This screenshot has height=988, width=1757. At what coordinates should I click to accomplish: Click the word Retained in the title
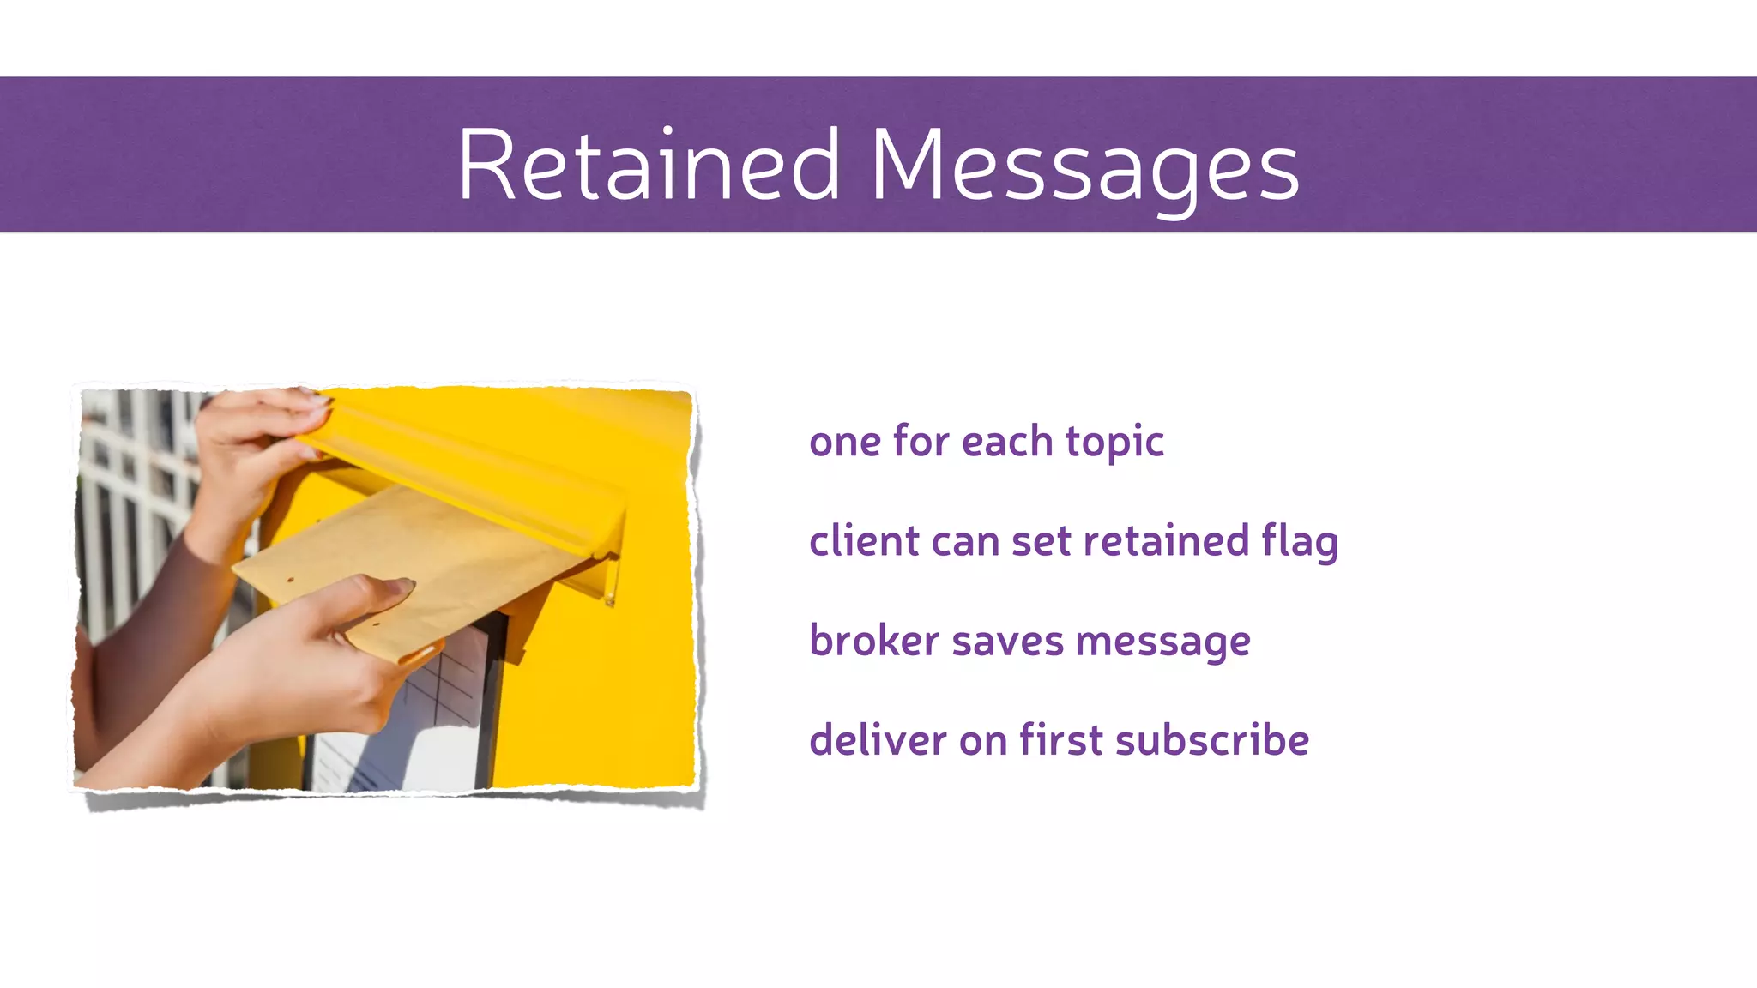coord(649,165)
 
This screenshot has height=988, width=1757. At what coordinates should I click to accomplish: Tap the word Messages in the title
coord(1084,165)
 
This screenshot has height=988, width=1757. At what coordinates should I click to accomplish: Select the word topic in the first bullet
coord(1114,443)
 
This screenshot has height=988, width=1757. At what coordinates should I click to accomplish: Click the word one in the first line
coord(844,443)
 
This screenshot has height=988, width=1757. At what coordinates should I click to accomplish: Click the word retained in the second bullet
coord(1165,542)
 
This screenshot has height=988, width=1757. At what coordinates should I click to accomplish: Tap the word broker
coord(873,642)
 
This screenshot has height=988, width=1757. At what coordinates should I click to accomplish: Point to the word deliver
coord(878,740)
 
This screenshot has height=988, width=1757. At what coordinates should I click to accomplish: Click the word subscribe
coord(1211,740)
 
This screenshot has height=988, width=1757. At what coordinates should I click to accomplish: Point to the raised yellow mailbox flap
coord(480,480)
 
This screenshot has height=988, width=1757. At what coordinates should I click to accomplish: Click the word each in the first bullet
coord(1006,443)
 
